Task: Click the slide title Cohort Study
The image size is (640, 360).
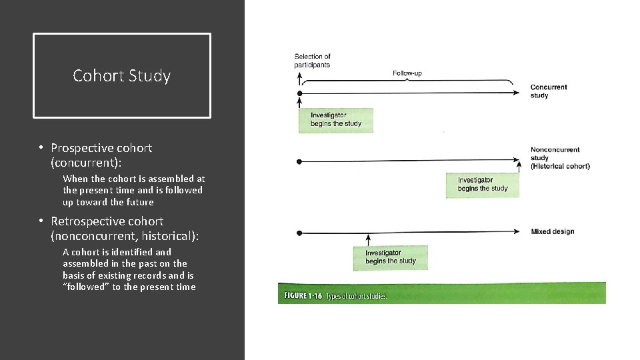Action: (121, 76)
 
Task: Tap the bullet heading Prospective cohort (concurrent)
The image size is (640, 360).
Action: (101, 154)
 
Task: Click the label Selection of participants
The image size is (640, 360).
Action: (312, 61)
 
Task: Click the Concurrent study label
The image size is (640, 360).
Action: (548, 91)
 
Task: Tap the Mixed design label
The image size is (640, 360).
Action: (552, 232)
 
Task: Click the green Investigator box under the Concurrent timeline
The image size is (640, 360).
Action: (335, 120)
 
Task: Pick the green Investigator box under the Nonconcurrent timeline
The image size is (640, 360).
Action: (483, 185)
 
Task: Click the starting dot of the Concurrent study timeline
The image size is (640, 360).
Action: (300, 93)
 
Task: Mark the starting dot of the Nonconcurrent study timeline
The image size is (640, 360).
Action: (300, 161)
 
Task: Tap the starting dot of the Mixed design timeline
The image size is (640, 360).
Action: (300, 233)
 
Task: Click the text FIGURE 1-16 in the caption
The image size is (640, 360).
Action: (301, 297)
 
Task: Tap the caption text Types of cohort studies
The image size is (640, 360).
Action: (357, 297)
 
